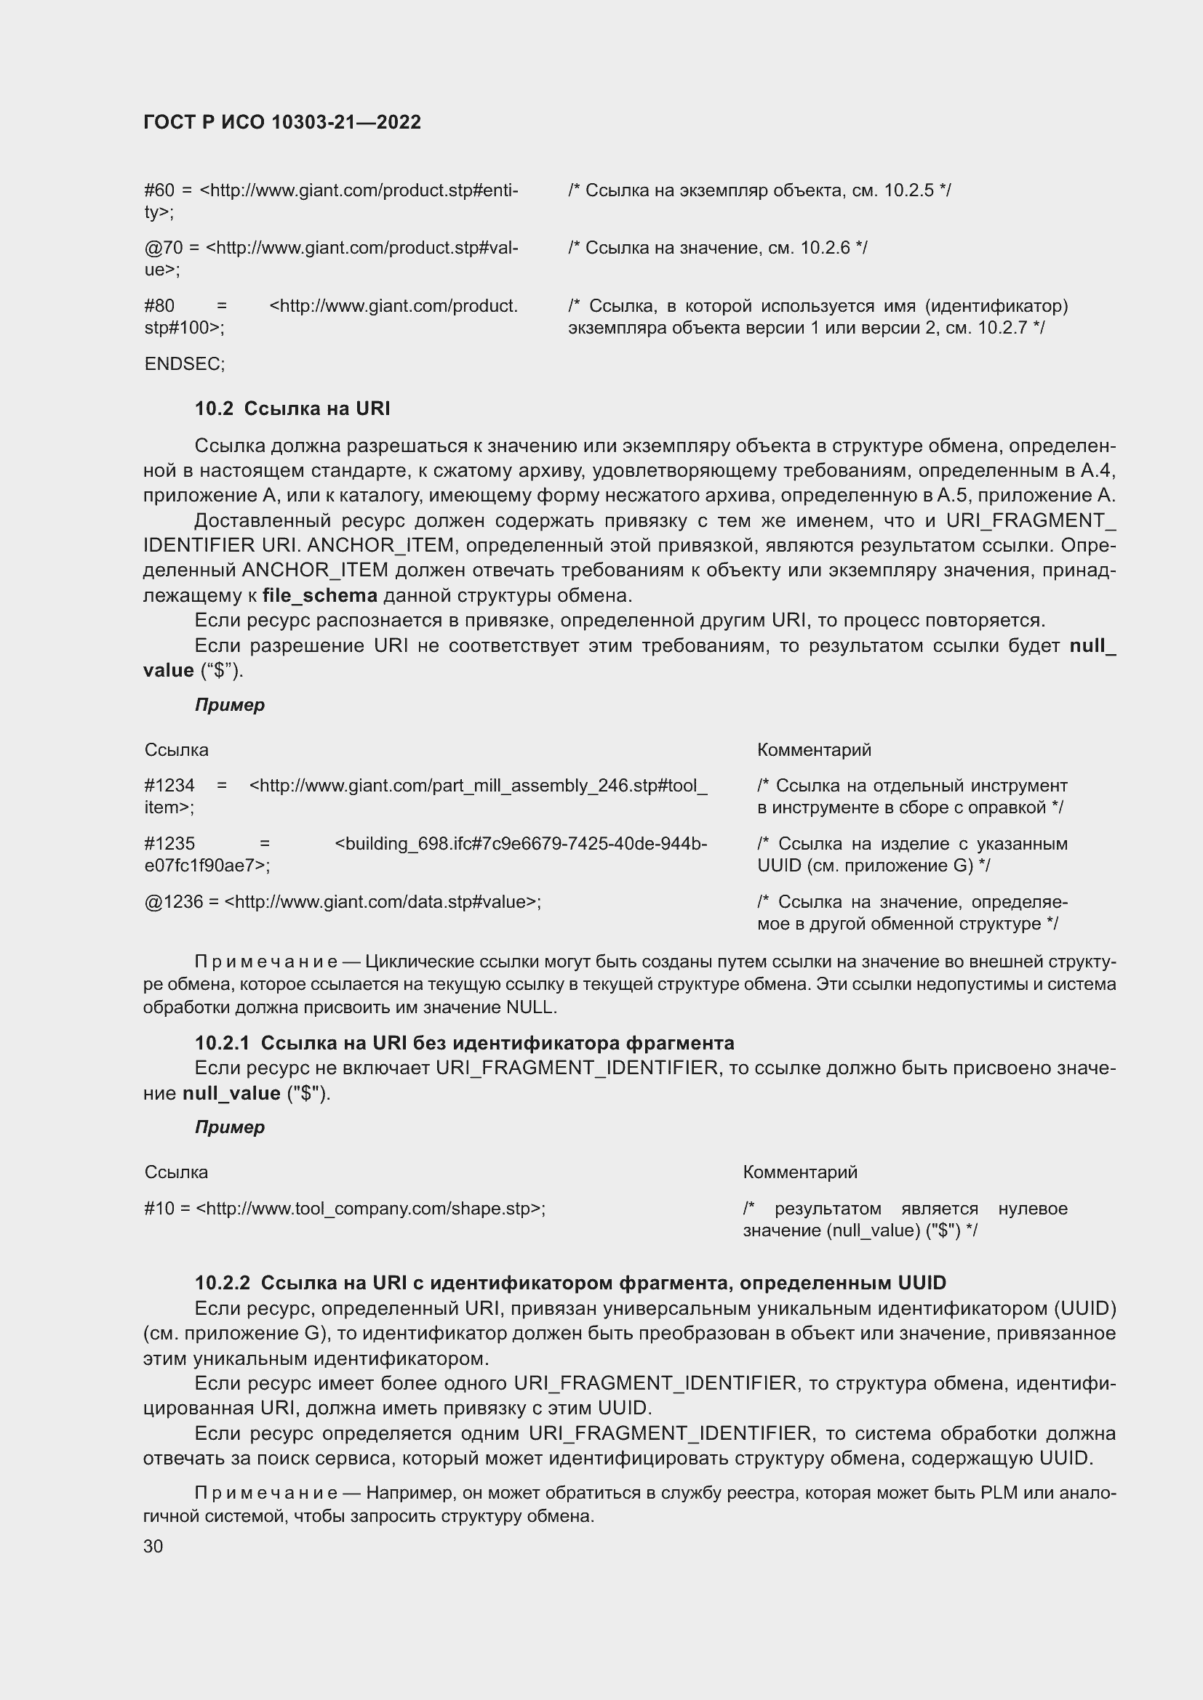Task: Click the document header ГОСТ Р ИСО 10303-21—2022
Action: pyautogui.click(x=282, y=122)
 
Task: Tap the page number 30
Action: pyautogui.click(x=153, y=1546)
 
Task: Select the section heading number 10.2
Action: pyautogui.click(x=214, y=408)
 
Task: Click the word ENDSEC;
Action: pyautogui.click(x=185, y=364)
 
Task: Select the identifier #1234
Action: pyautogui.click(x=169, y=785)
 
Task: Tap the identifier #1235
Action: pyautogui.click(x=169, y=843)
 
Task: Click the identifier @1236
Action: pyautogui.click(x=174, y=902)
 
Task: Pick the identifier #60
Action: pyautogui.click(x=159, y=190)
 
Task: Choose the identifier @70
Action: pyautogui.click(x=164, y=247)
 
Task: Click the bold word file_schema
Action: pyautogui.click(x=319, y=595)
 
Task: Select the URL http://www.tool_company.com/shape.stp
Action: pyautogui.click(x=368, y=1209)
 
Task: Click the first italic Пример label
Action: pyautogui.click(x=230, y=705)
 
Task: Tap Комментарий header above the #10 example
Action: pyautogui.click(x=799, y=1172)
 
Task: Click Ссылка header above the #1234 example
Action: pyautogui.click(x=176, y=750)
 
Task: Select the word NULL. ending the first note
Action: pyautogui.click(x=531, y=1007)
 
